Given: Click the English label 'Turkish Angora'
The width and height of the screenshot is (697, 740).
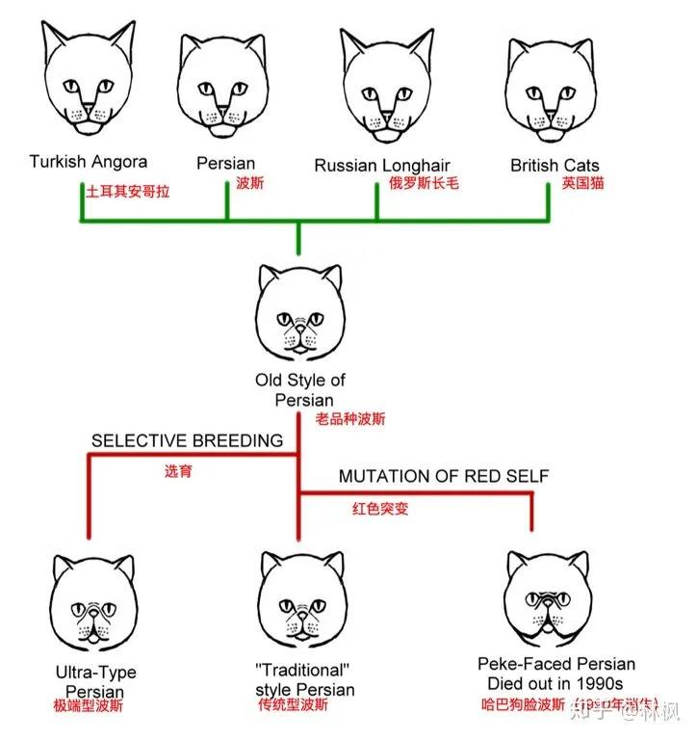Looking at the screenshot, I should (88, 161).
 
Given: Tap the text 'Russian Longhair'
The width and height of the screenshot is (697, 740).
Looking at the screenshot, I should (381, 165).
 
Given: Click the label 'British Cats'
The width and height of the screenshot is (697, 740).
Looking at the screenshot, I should (555, 165).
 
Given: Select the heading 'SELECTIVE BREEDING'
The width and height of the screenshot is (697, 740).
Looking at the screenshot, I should (187, 440).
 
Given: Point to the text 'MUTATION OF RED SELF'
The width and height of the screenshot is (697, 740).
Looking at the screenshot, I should (443, 477).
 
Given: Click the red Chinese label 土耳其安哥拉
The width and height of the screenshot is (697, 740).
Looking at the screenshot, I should (127, 191).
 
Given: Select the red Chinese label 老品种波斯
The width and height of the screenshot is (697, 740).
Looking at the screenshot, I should (352, 419).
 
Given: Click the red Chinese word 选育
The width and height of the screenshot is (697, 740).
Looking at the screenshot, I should (178, 472).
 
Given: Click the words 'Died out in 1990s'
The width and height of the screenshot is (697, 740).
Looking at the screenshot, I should (555, 683).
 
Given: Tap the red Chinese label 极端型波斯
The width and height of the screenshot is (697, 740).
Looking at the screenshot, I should (89, 705).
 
